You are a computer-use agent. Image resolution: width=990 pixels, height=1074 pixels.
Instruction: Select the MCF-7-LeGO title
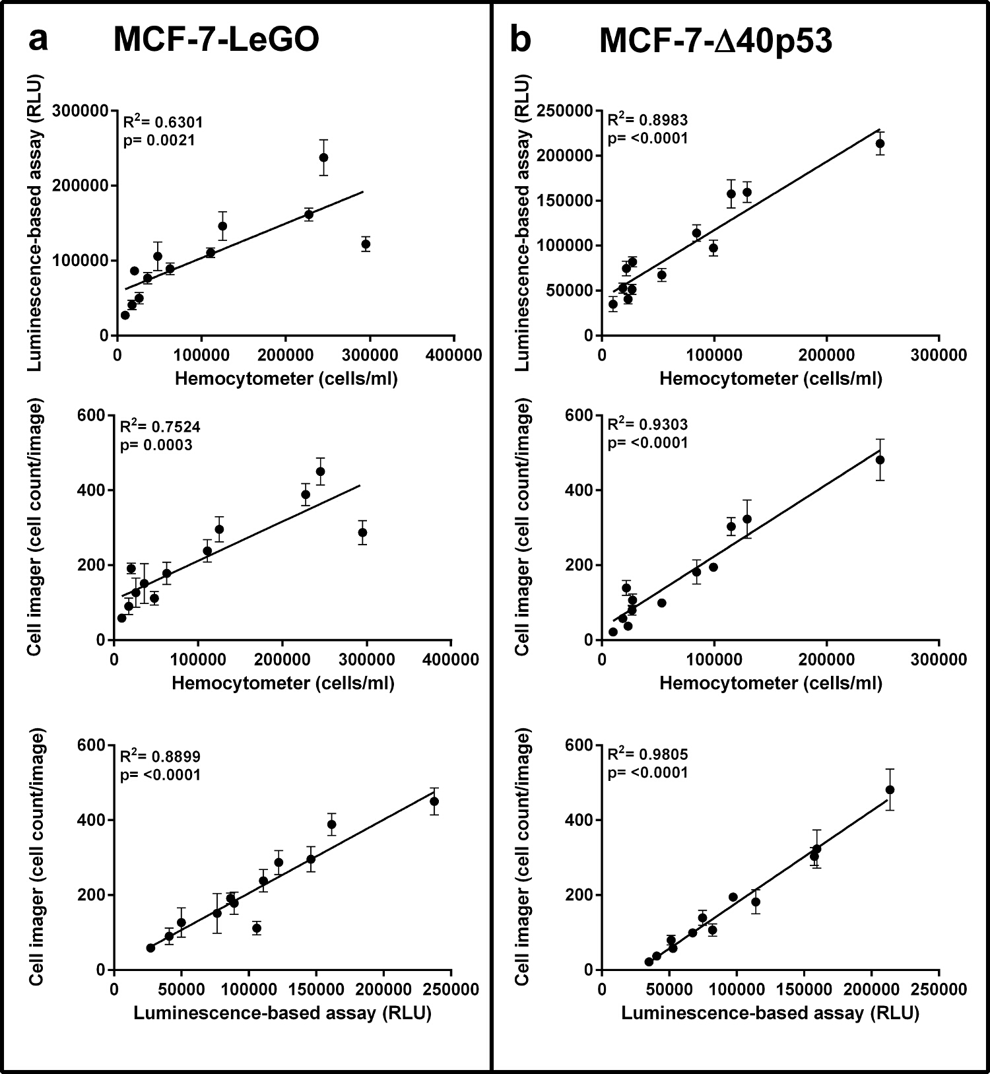coord(216,40)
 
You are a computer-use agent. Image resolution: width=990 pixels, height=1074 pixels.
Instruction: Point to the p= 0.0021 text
coord(159,140)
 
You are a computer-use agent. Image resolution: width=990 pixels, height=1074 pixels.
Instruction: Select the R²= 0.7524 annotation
coord(160,426)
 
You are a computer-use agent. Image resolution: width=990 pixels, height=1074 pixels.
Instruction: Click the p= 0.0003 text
coord(156,445)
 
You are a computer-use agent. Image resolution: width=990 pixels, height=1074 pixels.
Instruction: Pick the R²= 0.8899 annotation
coord(160,756)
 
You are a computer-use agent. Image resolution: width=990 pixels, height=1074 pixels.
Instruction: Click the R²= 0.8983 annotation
coord(647,119)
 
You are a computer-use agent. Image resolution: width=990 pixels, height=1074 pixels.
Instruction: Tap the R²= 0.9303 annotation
coord(647,424)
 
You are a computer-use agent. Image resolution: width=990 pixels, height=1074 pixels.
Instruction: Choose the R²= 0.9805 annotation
coord(647,754)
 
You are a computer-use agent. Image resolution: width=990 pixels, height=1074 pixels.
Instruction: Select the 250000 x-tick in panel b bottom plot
coord(939,990)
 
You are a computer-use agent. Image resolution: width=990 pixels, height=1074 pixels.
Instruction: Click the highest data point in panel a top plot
coord(323,157)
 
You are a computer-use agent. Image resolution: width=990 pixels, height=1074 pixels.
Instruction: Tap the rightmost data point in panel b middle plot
coord(880,459)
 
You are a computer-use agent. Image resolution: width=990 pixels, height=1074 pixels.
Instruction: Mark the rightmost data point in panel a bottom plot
coord(434,801)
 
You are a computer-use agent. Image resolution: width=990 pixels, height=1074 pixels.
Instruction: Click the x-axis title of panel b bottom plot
coord(770,1013)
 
